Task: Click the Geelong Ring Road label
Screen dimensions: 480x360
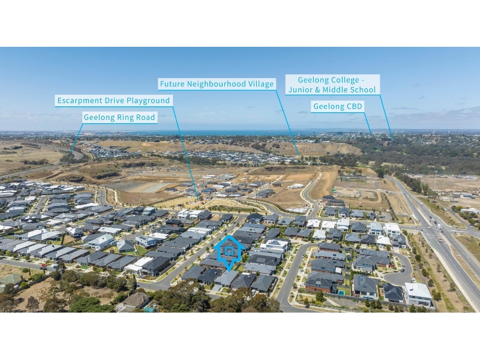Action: pos(119,118)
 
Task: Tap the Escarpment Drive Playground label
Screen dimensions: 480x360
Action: pos(113,101)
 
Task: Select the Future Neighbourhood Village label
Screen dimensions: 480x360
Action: pos(217,84)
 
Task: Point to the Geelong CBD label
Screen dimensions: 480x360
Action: pos(338,107)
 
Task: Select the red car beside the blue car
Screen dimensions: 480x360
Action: pos(44,265)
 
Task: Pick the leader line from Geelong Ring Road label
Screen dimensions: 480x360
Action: pos(77,137)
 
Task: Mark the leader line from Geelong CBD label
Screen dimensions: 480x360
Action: pos(368,123)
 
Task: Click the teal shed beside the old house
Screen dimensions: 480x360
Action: pos(149,310)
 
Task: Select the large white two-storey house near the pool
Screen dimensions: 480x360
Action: pos(418,294)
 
